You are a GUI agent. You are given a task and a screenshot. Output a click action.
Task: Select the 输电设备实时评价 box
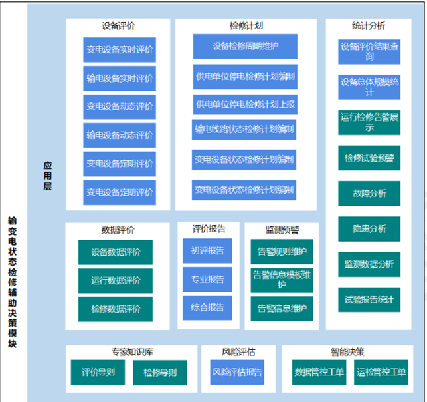click(120, 79)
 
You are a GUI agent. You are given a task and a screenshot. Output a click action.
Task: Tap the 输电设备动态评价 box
click(120, 136)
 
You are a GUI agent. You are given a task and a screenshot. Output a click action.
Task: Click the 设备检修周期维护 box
click(245, 47)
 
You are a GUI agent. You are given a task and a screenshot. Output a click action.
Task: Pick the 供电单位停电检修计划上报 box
click(245, 104)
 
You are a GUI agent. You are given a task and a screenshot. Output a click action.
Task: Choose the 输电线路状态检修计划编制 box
click(245, 130)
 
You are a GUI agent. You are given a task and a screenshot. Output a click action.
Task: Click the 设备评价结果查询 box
click(369, 52)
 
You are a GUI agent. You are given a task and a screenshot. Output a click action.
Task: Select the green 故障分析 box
click(369, 194)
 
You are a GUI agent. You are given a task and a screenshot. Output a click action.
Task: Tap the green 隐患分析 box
click(369, 229)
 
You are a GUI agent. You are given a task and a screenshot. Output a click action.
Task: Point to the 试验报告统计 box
click(369, 300)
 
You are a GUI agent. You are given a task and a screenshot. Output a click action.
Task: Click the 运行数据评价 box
click(116, 281)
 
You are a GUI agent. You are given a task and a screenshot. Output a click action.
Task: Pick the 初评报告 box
click(207, 252)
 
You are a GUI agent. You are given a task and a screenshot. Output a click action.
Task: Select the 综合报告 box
click(207, 308)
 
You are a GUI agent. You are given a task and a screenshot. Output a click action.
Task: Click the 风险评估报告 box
click(236, 372)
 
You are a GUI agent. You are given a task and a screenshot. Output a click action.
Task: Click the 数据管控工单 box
click(319, 373)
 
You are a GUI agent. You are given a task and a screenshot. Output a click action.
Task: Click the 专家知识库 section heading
click(131, 351)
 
